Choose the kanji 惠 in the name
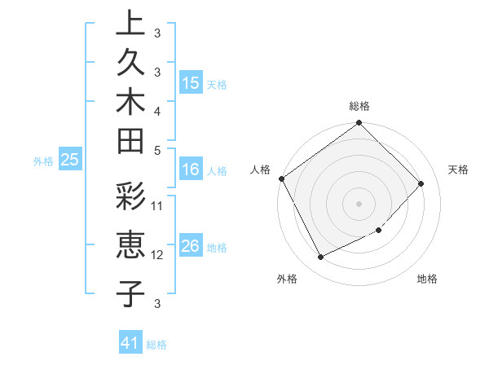pyautogui.click(x=130, y=246)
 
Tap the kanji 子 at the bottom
pyautogui.click(x=130, y=293)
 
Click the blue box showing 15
pyautogui.click(x=191, y=82)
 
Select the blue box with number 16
pyautogui.click(x=191, y=169)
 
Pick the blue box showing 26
pyautogui.click(x=191, y=246)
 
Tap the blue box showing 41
pyautogui.click(x=130, y=343)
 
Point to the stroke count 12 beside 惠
pyautogui.click(x=158, y=254)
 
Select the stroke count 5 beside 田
pyautogui.click(x=156, y=149)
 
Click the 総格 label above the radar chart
pyautogui.click(x=359, y=106)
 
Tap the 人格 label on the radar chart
pyautogui.click(x=261, y=169)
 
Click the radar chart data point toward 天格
pyautogui.click(x=421, y=183)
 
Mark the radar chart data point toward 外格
pyautogui.click(x=320, y=258)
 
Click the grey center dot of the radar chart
pyautogui.click(x=359, y=203)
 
